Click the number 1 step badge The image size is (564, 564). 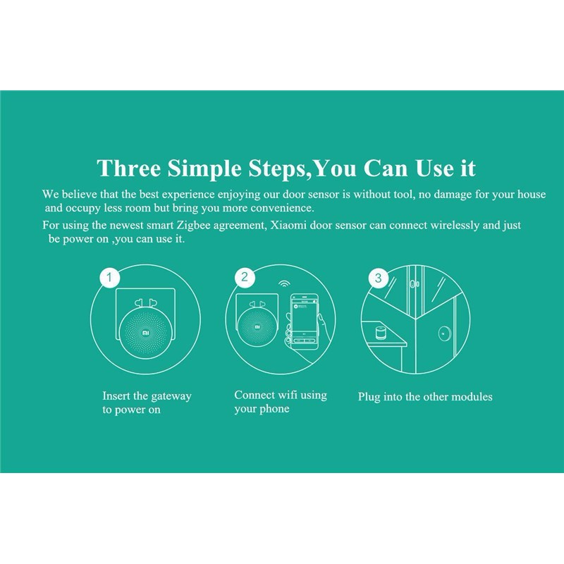tap(109, 277)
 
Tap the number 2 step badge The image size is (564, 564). tap(245, 276)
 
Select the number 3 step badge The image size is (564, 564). tap(379, 278)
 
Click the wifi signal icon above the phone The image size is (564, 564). tap(284, 284)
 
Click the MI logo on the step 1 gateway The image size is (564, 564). tap(146, 333)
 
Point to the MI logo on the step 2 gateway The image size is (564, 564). tap(257, 327)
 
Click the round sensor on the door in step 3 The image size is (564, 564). tap(446, 333)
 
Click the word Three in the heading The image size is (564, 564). tap(129, 168)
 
